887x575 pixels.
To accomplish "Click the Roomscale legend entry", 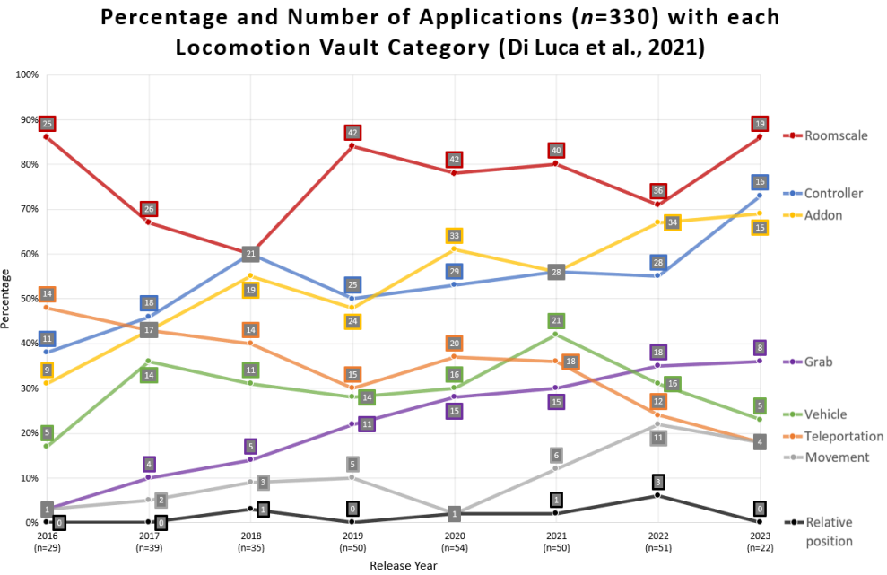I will pos(835,135).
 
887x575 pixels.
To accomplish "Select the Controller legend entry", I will pos(833,193).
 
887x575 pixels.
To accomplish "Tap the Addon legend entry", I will pos(822,215).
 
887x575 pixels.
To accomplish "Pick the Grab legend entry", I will pos(817,362).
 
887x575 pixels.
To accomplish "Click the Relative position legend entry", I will pos(828,531).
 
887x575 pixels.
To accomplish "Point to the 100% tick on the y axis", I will pos(27,74).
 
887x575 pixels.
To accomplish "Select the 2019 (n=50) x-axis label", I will pos(352,540).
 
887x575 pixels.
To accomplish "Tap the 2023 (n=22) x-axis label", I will pos(760,540).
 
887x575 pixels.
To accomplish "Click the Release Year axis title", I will pos(404,565).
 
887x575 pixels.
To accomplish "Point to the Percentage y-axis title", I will pos(8,299).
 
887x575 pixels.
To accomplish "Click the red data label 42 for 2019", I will pos(352,133).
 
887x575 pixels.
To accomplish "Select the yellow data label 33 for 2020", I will pos(454,236).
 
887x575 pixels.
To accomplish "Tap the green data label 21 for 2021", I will pos(556,321).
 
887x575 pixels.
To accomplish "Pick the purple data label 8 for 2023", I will pos(760,348).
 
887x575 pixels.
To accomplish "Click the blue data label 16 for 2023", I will pos(760,182).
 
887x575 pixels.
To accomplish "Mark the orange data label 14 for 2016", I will pos(47,294).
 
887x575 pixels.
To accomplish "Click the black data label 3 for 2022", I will pos(657,482).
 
